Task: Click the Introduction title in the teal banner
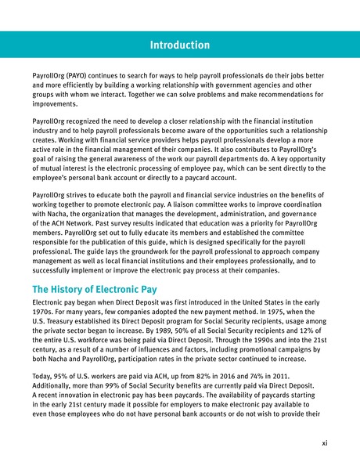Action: tap(180, 38)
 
